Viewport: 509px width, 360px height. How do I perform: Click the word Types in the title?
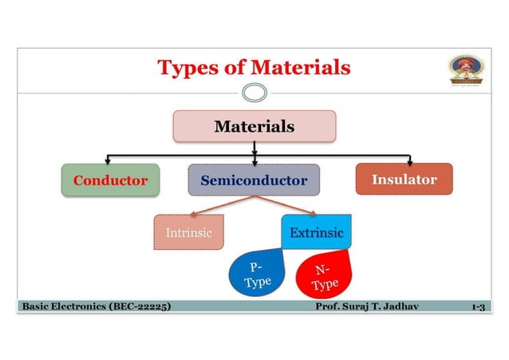click(188, 67)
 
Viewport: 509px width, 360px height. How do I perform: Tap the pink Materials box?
click(254, 126)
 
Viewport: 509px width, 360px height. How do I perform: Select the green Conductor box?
click(110, 180)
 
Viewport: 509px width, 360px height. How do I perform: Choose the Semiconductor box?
click(254, 180)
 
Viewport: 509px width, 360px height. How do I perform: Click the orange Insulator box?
click(404, 179)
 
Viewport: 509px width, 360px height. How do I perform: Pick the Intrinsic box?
click(188, 233)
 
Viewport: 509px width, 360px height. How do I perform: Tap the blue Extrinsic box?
click(317, 232)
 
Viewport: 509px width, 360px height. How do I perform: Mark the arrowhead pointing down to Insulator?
click(409, 160)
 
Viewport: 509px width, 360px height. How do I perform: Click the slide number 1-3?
click(478, 306)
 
